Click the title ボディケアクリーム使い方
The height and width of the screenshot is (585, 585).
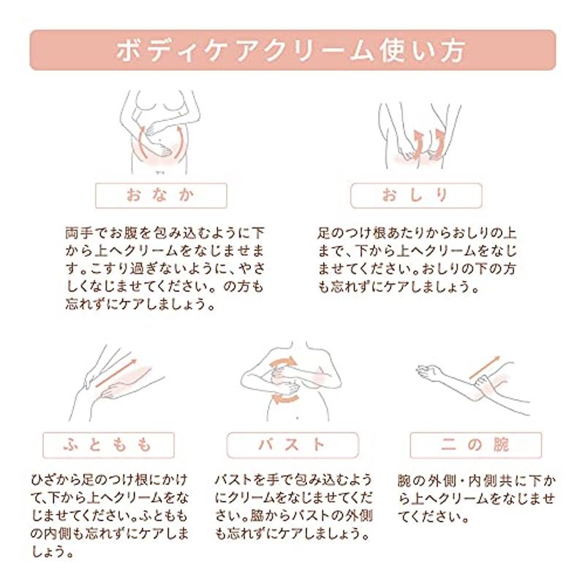click(290, 50)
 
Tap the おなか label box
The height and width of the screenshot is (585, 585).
click(161, 195)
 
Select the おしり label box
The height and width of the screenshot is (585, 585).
click(416, 195)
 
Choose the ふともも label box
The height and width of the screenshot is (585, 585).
click(108, 445)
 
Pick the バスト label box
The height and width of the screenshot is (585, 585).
click(292, 445)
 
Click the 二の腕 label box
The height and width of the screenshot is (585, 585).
click(476, 445)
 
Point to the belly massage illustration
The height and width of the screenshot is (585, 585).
click(160, 132)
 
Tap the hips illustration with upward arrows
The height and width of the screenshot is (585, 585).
click(419, 135)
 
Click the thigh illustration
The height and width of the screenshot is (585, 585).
click(116, 383)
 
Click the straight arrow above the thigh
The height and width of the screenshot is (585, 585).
click(116, 373)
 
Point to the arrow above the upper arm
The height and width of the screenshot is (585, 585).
click(484, 368)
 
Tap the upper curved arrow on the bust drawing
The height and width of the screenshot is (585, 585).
click(284, 362)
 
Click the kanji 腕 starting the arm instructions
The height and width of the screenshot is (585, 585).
click(404, 481)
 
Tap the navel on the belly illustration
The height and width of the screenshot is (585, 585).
click(160, 142)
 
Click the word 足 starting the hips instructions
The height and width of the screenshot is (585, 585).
click(324, 233)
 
